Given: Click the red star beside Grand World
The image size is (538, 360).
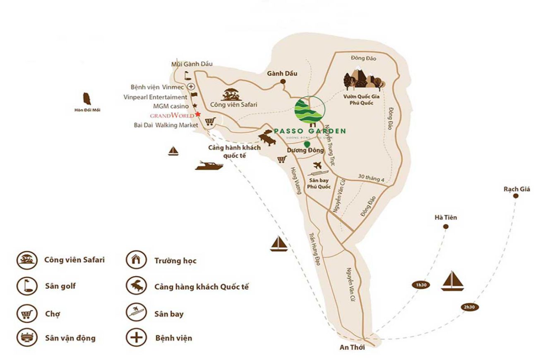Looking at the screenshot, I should point(198,114).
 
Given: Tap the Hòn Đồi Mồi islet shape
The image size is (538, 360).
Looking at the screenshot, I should point(87,99).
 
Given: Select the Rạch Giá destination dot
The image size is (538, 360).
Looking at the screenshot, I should point(516,196).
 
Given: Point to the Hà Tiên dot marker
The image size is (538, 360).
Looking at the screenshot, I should point(446,226).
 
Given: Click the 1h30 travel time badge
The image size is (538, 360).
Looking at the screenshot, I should point(420,285).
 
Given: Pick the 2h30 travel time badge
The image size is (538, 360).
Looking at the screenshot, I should point(469,307).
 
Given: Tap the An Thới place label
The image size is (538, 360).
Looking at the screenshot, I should point(352,348).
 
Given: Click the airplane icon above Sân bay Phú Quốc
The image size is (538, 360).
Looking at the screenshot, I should point(317,166).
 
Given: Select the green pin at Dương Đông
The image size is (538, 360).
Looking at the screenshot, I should point(307,144).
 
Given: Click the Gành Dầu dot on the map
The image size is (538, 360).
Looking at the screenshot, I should point(283,82).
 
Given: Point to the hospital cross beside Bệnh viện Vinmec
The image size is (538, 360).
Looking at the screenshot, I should point(191,86).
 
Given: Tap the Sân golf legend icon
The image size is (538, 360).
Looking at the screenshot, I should point(26,286).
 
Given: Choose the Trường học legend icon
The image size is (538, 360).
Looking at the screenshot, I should point(136,260).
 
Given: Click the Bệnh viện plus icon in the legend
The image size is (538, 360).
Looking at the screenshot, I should point(136,338).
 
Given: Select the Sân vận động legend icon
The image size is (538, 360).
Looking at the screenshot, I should point(26,338).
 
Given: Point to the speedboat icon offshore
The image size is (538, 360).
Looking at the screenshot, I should point(209,165).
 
